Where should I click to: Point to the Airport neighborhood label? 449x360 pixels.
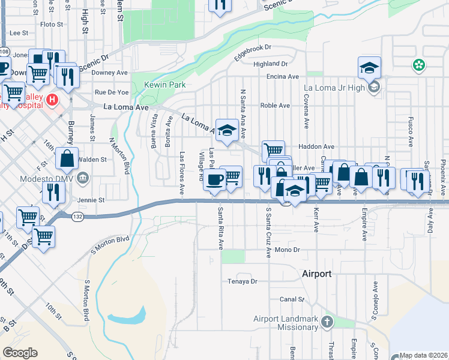[316, 274]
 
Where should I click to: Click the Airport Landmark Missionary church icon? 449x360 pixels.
[327, 322]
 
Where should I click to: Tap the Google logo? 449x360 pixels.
[20, 352]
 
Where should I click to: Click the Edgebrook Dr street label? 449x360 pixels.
[253, 49]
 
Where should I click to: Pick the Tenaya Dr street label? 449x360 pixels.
[242, 281]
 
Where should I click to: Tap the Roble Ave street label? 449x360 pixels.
[275, 106]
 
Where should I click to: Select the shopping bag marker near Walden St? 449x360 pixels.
[67, 159]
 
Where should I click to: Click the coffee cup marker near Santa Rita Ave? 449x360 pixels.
[214, 179]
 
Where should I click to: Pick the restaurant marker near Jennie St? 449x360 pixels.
[53, 191]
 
